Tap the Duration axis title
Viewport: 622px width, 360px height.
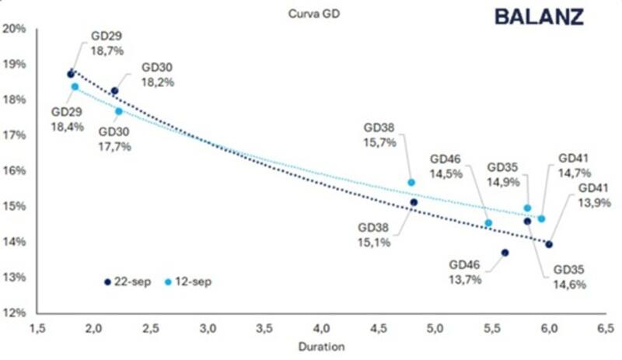click(x=321, y=347)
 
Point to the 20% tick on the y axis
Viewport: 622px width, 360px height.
click(x=16, y=29)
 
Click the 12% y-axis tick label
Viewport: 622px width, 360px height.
click(x=16, y=313)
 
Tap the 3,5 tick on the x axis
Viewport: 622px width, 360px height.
click(x=265, y=328)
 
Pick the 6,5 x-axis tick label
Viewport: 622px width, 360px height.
click(x=605, y=328)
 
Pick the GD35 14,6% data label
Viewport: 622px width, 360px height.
click(x=569, y=277)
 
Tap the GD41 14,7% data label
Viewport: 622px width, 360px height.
click(x=575, y=166)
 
